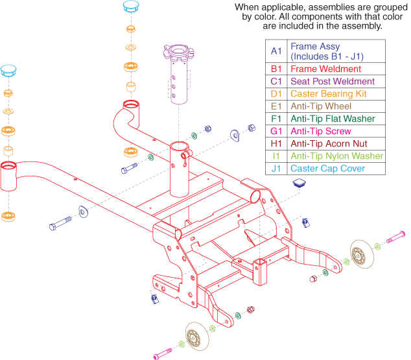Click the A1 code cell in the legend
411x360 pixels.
click(x=276, y=51)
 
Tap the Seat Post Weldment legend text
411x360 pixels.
click(x=332, y=81)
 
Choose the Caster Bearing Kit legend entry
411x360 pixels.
click(x=328, y=93)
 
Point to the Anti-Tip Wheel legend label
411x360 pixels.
click(x=321, y=106)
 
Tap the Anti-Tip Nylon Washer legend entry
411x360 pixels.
click(x=336, y=156)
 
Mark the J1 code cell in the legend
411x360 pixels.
click(x=276, y=169)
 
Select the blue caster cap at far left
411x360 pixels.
click(x=8, y=70)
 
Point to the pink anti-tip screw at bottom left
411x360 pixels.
click(x=164, y=354)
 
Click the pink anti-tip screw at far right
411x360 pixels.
click(x=395, y=240)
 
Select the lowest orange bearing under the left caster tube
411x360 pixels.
click(x=8, y=215)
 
